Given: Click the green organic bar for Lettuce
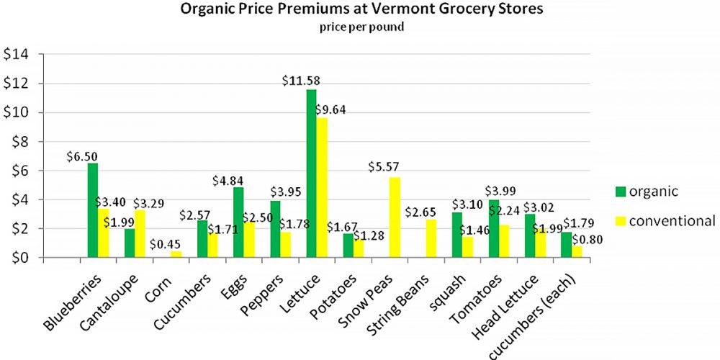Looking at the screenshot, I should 311,173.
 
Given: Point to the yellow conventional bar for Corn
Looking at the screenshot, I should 176,254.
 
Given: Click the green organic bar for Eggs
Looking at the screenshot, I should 238,222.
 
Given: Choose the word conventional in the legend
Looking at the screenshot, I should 672,220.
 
